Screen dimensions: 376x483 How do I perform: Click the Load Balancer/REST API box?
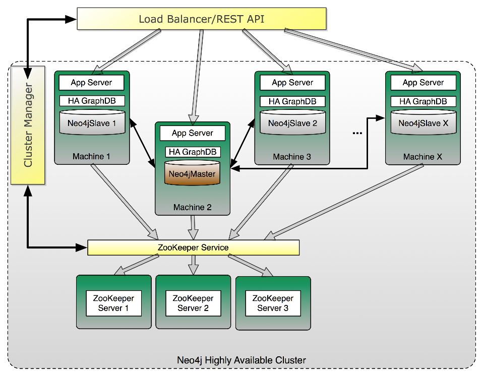point(202,20)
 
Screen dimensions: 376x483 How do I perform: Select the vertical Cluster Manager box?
point(28,126)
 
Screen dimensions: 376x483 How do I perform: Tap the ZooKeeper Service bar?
point(194,247)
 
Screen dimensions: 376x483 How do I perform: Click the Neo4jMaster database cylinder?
point(192,172)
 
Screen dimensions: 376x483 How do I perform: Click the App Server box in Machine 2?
point(193,133)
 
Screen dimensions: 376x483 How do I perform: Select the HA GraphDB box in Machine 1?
point(92,101)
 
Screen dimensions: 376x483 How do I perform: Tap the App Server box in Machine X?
point(423,83)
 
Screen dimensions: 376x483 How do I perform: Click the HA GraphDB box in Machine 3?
point(292,101)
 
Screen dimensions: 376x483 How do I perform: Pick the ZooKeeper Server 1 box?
point(113,303)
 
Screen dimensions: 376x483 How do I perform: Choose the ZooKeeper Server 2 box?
point(193,303)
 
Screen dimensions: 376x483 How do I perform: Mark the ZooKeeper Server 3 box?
point(273,303)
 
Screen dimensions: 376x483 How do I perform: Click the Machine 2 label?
point(192,207)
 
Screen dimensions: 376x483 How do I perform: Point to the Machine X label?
point(422,157)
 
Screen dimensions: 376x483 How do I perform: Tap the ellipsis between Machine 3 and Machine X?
point(357,133)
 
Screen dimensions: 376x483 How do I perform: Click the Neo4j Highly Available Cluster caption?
point(241,360)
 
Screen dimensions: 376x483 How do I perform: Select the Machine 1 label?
point(91,156)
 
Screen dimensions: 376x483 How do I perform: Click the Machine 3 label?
point(292,157)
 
